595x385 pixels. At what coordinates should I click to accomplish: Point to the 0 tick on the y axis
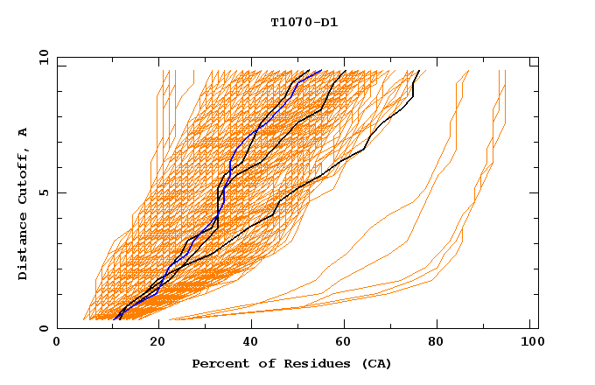click(x=45, y=328)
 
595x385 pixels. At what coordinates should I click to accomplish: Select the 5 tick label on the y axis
click(x=45, y=192)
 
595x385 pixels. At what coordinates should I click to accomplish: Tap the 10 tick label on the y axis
click(x=41, y=57)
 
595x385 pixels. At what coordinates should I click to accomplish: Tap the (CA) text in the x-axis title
click(x=374, y=363)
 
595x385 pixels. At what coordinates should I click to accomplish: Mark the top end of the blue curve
click(x=321, y=70)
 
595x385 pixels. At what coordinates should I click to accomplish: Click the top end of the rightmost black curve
click(x=419, y=70)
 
